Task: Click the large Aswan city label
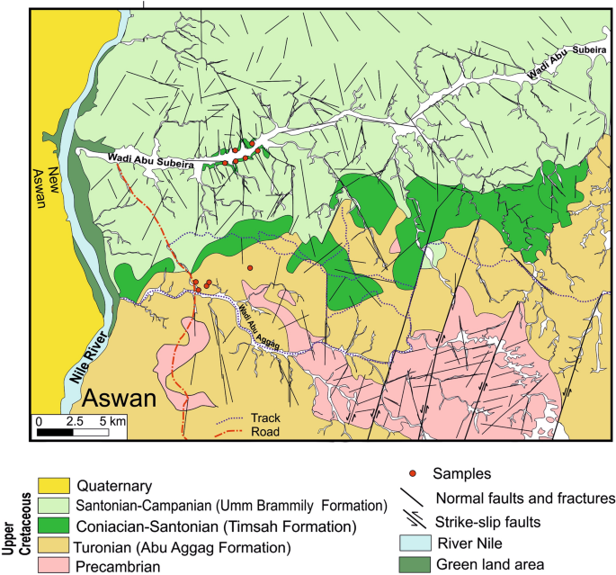pos(121,399)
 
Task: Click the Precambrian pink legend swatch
pos(53,565)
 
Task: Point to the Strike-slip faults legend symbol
pos(414,519)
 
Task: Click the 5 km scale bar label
pos(113,420)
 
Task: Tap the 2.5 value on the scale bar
pos(76,420)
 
